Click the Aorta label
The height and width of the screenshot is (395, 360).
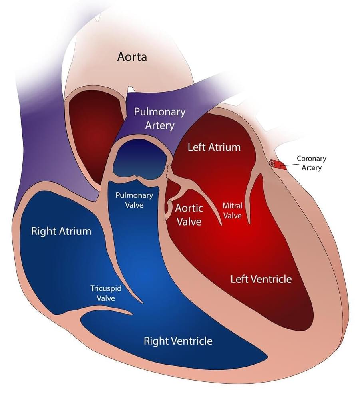[x=132, y=57]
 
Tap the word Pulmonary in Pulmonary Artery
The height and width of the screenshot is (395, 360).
[x=159, y=112]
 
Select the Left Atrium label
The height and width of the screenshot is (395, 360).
[x=214, y=147]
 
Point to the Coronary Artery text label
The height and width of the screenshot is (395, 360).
[x=312, y=163]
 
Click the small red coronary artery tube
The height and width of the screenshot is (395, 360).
[x=278, y=165]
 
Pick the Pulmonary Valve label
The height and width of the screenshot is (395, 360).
[x=134, y=200]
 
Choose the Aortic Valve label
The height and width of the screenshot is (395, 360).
[x=189, y=214]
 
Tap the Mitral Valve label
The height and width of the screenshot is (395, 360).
[x=232, y=211]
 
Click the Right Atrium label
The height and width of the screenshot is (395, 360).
[x=61, y=231]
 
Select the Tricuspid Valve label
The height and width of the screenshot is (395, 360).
[x=105, y=293]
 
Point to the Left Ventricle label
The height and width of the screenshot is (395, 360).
[x=261, y=279]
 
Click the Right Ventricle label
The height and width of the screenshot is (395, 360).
[x=178, y=341]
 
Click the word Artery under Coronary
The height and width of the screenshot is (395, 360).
[x=312, y=168]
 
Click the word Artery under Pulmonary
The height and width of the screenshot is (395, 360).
[x=159, y=125]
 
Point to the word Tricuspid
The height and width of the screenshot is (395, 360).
[x=105, y=288]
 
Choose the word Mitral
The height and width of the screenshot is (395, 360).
[x=232, y=206]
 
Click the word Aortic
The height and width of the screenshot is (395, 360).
[x=189, y=208]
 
